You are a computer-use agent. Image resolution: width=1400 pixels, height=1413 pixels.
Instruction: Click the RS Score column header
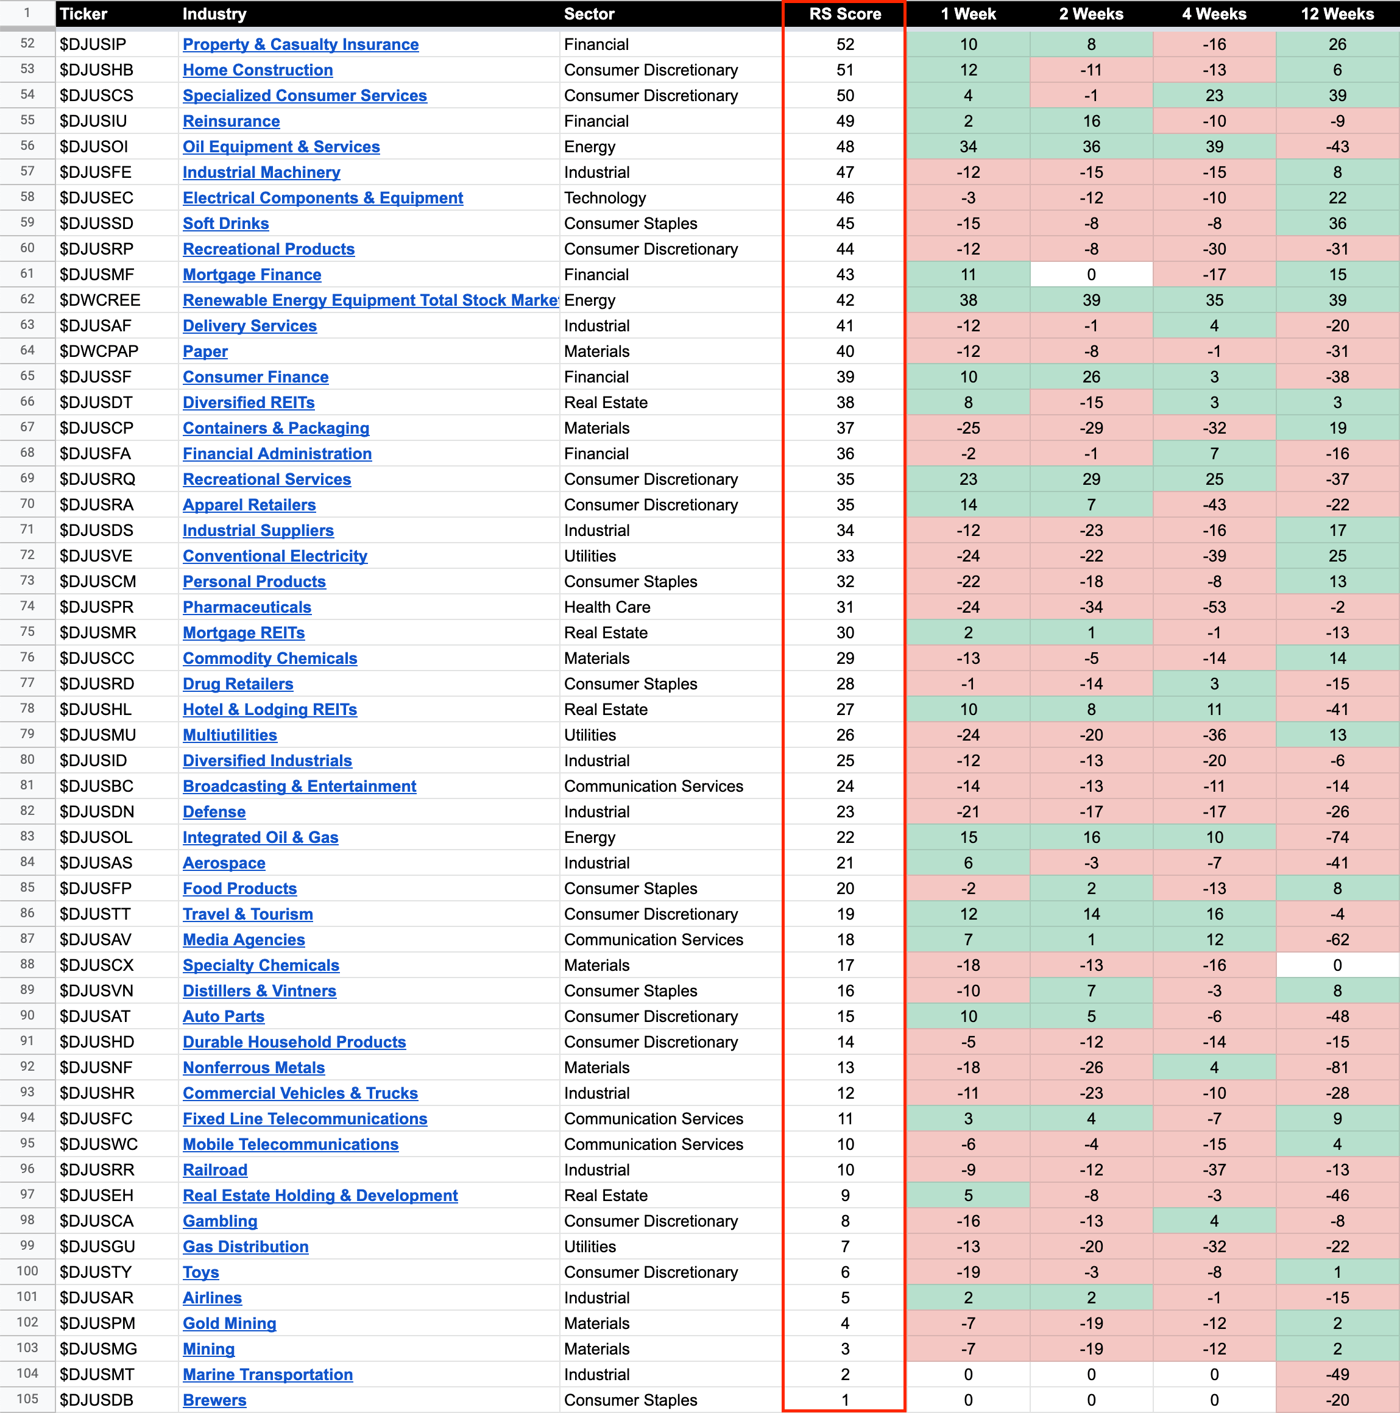(x=844, y=14)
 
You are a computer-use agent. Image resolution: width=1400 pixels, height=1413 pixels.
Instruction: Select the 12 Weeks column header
(x=1337, y=14)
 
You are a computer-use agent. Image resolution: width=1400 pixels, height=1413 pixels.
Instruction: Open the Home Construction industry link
(x=258, y=70)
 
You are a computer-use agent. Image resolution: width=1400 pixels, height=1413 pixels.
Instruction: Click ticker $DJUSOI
(x=94, y=147)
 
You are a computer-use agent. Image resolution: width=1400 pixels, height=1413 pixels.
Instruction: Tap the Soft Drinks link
(x=225, y=224)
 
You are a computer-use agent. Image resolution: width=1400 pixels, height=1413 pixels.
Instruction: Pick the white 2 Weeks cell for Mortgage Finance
(x=1091, y=275)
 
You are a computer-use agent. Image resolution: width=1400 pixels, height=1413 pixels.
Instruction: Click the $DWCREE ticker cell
(x=99, y=301)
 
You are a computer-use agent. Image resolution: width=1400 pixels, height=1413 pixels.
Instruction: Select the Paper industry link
(x=205, y=352)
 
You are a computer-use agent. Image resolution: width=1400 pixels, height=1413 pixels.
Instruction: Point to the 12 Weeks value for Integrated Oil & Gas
(x=1337, y=837)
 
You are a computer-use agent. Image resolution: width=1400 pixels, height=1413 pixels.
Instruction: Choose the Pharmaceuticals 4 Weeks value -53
(x=1214, y=607)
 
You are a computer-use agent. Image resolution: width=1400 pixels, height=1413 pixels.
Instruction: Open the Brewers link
(x=214, y=1400)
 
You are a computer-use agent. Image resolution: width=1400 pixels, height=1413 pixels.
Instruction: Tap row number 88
(x=27, y=964)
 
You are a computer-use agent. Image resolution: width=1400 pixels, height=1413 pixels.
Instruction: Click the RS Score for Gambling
(x=844, y=1221)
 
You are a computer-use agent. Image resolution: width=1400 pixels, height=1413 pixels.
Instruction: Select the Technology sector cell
(x=604, y=198)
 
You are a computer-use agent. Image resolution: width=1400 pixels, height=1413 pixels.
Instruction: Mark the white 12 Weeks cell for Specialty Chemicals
(x=1337, y=965)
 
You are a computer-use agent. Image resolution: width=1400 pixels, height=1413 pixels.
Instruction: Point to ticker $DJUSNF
(x=95, y=1068)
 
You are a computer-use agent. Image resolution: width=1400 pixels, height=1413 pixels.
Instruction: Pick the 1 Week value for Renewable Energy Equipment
(x=967, y=301)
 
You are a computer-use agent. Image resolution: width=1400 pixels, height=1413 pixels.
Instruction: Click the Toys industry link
(x=200, y=1272)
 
